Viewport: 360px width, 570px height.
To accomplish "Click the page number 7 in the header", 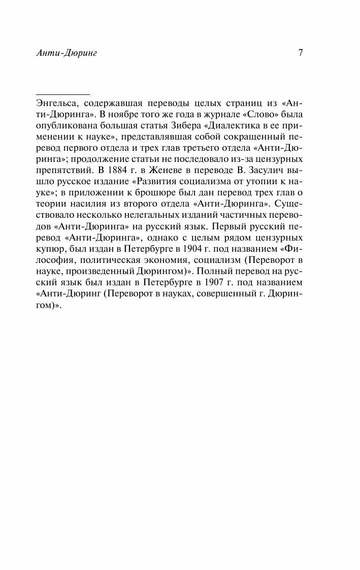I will (301, 52).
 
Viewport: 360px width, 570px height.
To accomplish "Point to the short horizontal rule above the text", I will (62, 94).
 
